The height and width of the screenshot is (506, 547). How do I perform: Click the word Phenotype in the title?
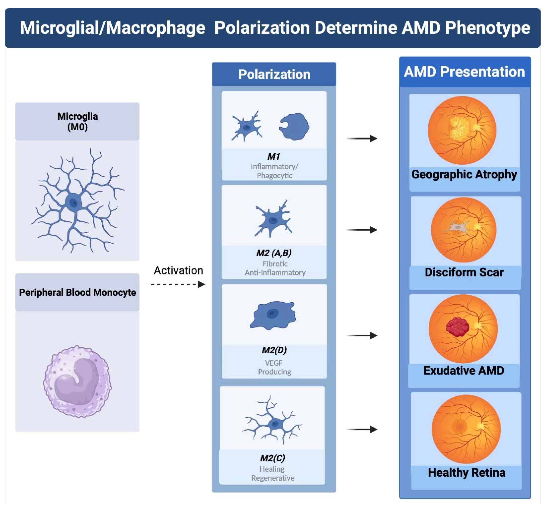click(487, 28)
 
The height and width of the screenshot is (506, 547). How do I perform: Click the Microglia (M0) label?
click(77, 121)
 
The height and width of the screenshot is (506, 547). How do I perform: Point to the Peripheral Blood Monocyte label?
click(77, 292)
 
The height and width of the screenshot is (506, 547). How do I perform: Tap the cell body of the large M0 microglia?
click(73, 203)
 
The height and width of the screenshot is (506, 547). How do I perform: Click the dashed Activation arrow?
click(178, 284)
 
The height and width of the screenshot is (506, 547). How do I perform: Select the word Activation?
click(178, 270)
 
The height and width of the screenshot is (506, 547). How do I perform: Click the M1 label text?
click(274, 157)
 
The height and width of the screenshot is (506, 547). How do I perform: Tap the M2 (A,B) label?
click(274, 253)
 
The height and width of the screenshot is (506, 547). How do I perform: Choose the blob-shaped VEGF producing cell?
click(273, 315)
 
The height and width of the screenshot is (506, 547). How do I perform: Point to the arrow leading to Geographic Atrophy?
click(362, 138)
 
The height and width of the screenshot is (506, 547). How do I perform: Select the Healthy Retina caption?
click(466, 473)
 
